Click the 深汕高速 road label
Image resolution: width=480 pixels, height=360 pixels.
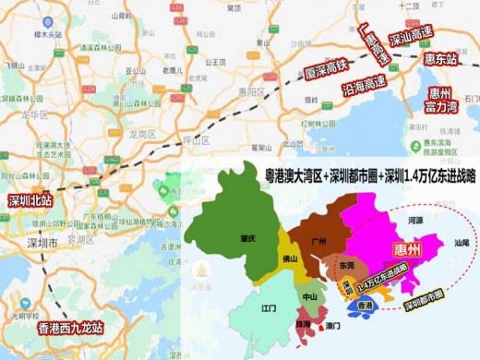click(x=409, y=40)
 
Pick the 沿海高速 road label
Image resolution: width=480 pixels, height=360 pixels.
click(x=361, y=87)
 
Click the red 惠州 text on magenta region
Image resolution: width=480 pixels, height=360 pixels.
click(x=408, y=250)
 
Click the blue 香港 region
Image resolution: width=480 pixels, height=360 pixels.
click(x=365, y=305)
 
